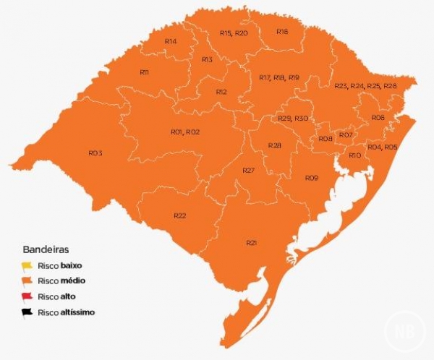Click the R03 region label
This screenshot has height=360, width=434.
coord(95,153)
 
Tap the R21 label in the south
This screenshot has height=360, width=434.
coord(252,242)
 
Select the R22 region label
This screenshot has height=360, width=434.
coord(180,216)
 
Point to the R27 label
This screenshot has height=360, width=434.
coord(249,170)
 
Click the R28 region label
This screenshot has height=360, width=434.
coord(274,146)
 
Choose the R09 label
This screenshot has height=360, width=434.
coord(311,178)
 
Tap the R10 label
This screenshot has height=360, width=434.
coord(354,155)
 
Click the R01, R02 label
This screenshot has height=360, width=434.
coord(185,132)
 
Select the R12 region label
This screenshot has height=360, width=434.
coord(221,92)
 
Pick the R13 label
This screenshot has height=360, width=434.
coord(207,59)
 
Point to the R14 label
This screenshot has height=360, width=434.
coord(171,42)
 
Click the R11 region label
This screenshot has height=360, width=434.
coord(144,72)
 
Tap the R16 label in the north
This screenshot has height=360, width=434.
coord(282,32)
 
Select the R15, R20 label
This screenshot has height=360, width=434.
coord(234,33)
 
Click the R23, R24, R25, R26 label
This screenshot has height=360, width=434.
coord(365,86)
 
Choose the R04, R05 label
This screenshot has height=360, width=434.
coord(382,147)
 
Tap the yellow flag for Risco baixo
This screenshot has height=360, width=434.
coord(27,266)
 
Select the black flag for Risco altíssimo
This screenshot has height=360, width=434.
coord(27,313)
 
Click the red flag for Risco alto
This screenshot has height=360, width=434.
coord(27,297)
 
